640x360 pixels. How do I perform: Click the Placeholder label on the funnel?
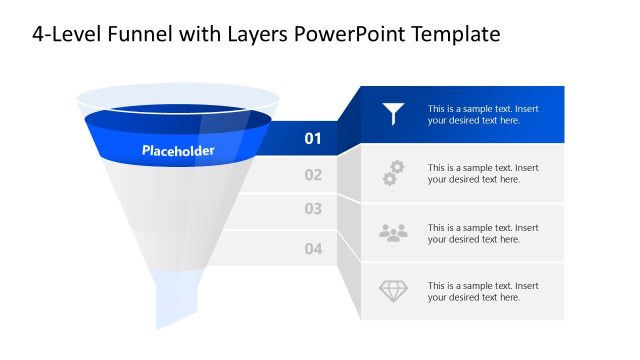coord(178,151)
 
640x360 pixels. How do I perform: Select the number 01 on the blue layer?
coord(313,138)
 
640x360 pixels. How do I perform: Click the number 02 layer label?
coord(313,175)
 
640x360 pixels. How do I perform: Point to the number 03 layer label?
coord(313,209)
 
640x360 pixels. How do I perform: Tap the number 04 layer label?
coord(313,248)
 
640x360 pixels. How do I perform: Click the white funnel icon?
coord(394,114)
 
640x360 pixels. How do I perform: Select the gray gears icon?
coord(394,173)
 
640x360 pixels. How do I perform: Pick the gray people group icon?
coord(394,232)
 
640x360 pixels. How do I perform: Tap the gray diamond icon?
coord(394,291)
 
